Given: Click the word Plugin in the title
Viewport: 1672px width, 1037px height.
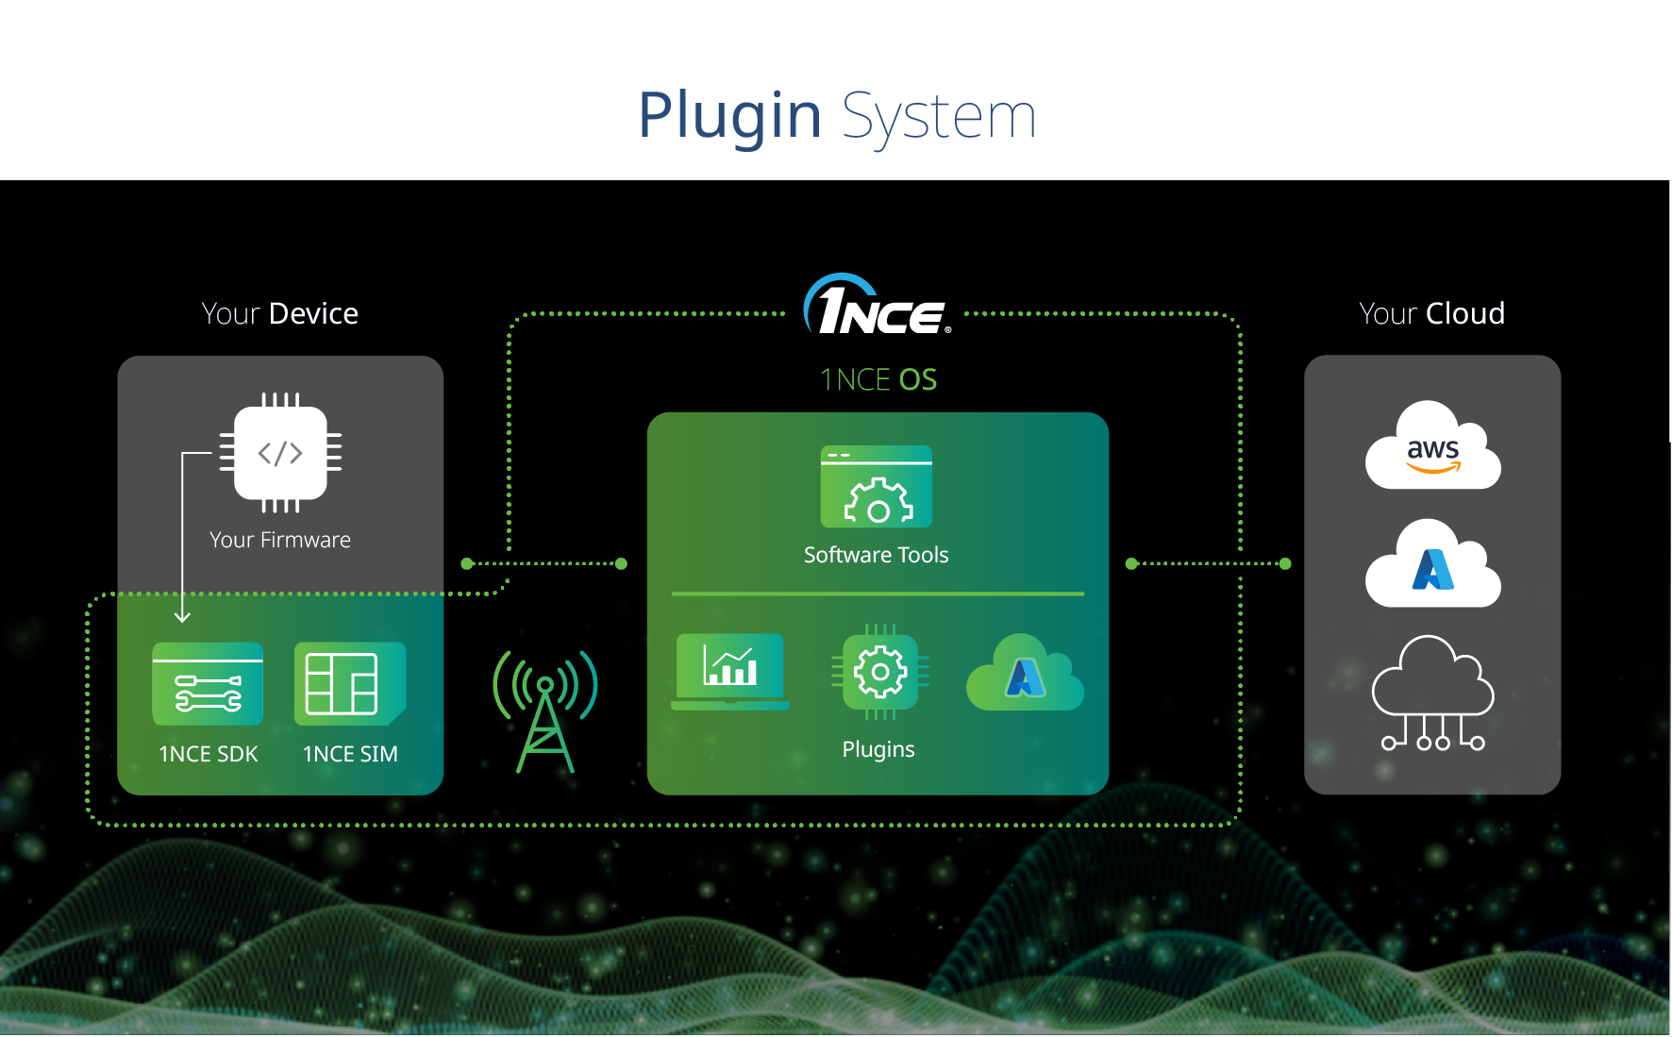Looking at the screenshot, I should click(729, 116).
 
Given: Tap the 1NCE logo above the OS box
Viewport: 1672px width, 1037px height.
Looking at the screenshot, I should click(877, 307).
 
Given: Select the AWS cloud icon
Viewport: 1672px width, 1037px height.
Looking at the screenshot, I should click(1432, 446).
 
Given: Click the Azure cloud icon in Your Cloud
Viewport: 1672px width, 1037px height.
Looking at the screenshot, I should click(1432, 565).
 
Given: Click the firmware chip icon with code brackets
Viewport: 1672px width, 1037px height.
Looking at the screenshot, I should click(280, 453).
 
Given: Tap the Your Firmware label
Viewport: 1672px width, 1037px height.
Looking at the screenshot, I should click(280, 540).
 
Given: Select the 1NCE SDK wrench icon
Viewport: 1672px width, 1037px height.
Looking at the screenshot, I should click(208, 685).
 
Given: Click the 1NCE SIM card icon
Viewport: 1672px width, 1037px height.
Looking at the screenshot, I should click(350, 684).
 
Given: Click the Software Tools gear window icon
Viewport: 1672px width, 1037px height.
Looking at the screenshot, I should click(877, 487).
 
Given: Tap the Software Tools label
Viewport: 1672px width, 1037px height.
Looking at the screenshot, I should click(877, 555).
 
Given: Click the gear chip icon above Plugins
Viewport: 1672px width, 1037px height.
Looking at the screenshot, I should click(879, 672).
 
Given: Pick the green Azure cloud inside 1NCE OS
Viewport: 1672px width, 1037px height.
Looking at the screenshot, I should click(1026, 674).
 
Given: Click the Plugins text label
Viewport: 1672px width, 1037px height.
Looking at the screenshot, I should click(878, 749).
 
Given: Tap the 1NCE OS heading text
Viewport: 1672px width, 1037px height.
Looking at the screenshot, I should click(878, 379).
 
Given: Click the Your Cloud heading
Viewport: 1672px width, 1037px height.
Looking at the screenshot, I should click(1431, 313).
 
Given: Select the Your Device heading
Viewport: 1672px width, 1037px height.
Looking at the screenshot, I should click(280, 313).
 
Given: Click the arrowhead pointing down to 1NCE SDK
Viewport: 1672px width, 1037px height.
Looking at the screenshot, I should click(183, 617).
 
